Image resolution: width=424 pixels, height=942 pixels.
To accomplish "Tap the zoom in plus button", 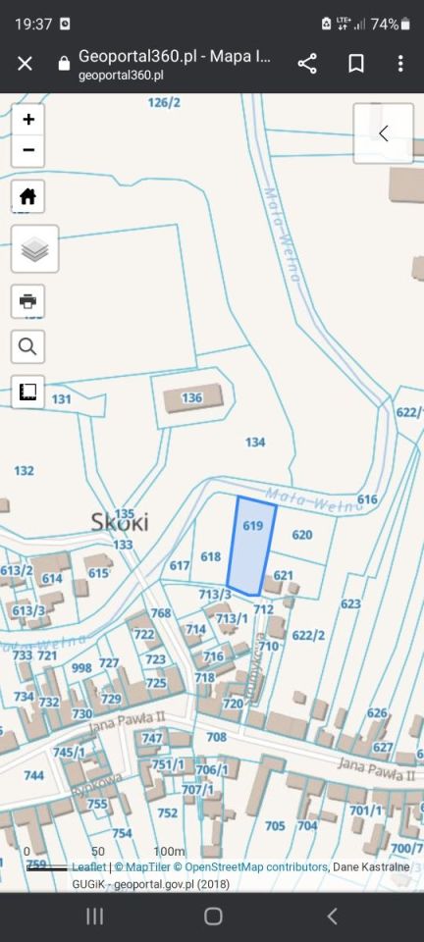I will tap(28, 120).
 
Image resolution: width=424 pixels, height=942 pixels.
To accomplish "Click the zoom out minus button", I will tap(28, 150).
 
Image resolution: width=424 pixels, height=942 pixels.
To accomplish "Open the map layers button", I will tap(34, 249).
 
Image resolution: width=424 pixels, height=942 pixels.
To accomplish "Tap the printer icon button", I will tap(28, 300).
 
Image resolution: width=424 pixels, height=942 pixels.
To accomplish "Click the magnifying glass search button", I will tap(28, 345).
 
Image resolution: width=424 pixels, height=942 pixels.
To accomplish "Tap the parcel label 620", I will tap(302, 535).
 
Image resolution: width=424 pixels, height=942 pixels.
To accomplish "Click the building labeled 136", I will tap(191, 398).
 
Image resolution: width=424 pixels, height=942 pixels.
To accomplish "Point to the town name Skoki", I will tap(120, 521).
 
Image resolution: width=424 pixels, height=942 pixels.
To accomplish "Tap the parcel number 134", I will tap(255, 443).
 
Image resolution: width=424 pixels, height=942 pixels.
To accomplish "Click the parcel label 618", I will tap(211, 556).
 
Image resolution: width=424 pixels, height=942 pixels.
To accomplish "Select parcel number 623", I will tap(350, 603).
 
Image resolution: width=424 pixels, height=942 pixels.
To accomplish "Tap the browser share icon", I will tap(307, 64).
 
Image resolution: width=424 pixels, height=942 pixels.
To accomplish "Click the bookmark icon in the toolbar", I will tap(356, 64).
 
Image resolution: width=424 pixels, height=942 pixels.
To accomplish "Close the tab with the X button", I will tap(25, 64).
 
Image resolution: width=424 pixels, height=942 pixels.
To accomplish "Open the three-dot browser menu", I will tap(400, 64).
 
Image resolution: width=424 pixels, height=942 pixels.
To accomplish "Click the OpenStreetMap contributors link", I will tap(255, 867).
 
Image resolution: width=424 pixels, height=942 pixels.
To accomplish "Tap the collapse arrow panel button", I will tap(383, 133).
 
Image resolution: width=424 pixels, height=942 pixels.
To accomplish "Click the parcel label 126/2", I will tap(164, 102).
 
